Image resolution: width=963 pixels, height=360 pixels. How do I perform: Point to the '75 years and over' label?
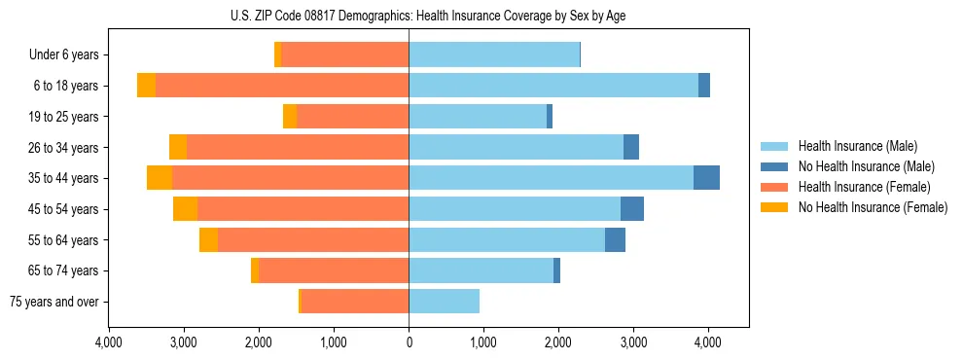click(x=54, y=302)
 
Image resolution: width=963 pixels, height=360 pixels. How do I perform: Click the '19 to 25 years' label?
click(x=62, y=117)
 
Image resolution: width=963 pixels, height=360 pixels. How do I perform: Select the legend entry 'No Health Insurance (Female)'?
click(x=873, y=207)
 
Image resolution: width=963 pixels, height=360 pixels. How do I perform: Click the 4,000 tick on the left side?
click(x=109, y=342)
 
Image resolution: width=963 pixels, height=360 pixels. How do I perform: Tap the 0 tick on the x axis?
click(x=409, y=342)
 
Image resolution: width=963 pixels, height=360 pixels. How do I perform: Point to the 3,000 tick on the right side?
click(x=632, y=342)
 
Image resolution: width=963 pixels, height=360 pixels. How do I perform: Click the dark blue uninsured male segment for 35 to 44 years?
click(x=706, y=178)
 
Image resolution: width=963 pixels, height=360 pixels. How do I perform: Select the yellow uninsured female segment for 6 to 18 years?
click(x=146, y=86)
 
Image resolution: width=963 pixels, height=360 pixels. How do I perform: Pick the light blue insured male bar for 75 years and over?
click(x=444, y=302)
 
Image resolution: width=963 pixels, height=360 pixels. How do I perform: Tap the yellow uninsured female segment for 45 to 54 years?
click(x=185, y=209)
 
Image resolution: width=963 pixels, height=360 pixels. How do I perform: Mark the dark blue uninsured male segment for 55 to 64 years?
click(x=615, y=239)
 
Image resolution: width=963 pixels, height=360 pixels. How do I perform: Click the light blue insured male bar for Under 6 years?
click(x=494, y=55)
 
